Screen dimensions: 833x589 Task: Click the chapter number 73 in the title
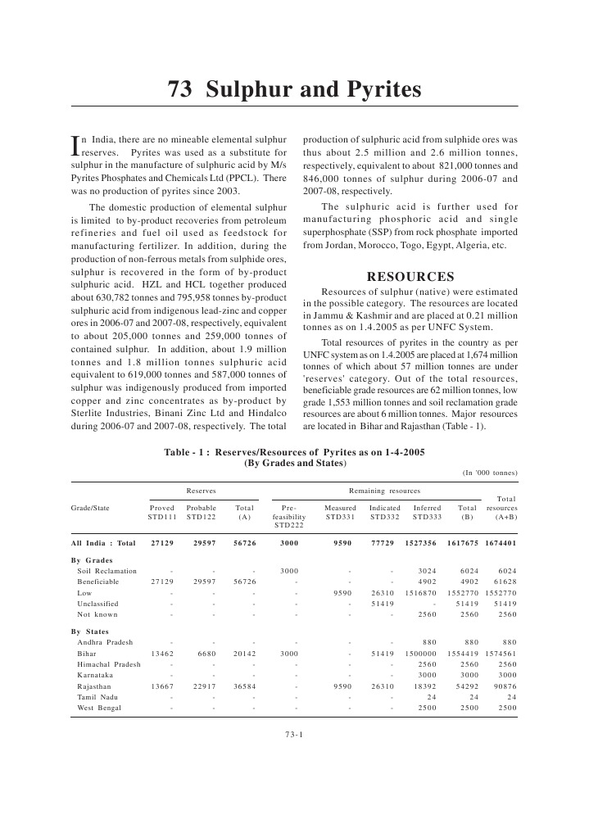179,89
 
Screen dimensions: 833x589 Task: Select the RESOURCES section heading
410,277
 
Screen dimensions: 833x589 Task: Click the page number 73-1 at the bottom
294,734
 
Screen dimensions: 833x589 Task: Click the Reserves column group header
202,491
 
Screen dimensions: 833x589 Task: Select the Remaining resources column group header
384,491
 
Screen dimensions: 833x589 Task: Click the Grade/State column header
90,508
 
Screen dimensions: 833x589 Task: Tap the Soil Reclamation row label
106,571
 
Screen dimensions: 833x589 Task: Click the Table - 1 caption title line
295,451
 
